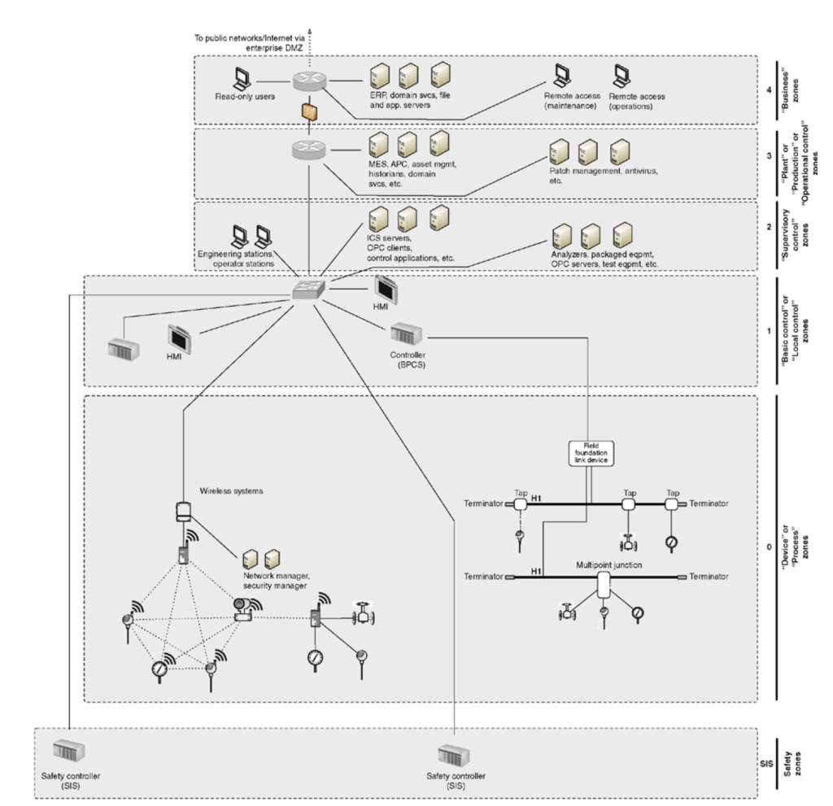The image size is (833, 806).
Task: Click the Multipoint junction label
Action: pyautogui.click(x=604, y=561)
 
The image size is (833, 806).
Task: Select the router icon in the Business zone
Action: pyautogui.click(x=307, y=80)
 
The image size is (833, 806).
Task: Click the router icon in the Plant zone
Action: pyautogui.click(x=307, y=150)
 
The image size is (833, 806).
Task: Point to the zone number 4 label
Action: pyautogui.click(x=769, y=89)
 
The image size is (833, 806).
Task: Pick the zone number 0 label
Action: pyautogui.click(x=769, y=547)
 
